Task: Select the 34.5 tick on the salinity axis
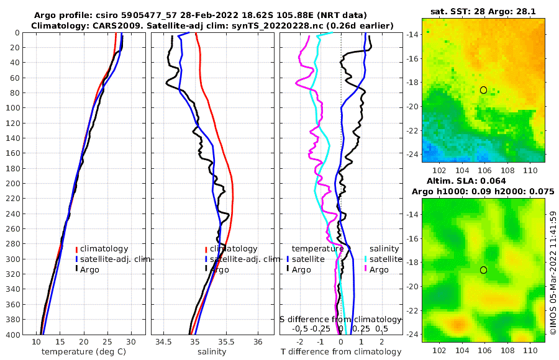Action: [163, 342]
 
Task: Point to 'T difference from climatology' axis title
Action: [340, 352]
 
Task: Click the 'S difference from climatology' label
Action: [340, 319]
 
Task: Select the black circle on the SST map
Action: [483, 90]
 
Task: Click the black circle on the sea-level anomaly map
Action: [483, 270]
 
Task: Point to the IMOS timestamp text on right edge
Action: [553, 273]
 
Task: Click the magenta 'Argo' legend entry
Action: [379, 270]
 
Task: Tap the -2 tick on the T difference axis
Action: [300, 342]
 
